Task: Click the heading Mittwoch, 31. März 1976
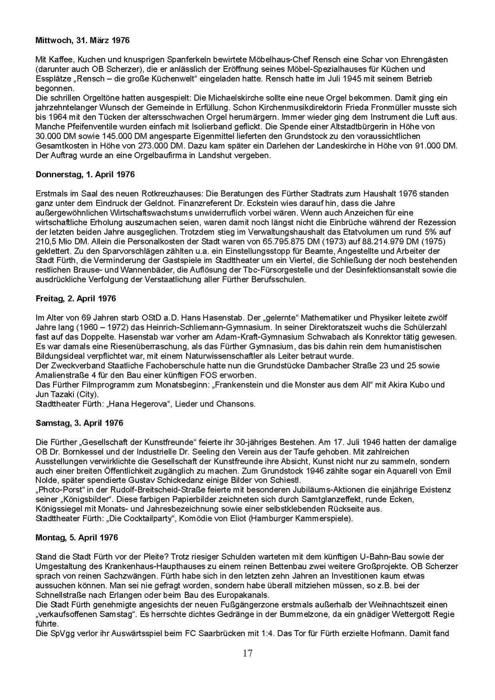(82, 40)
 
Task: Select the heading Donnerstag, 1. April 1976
(85, 175)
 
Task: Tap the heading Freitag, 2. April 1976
(76, 298)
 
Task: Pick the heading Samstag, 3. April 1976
(79, 423)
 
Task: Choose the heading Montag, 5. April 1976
(77, 537)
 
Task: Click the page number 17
(247, 653)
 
